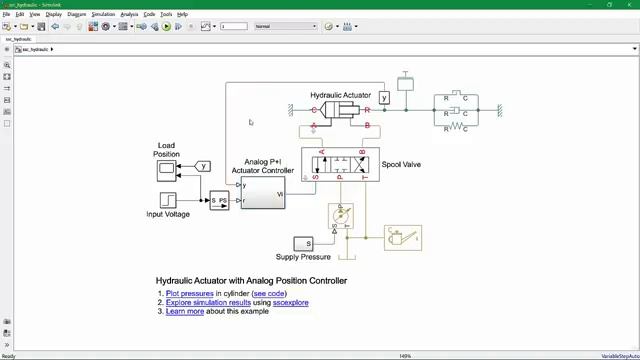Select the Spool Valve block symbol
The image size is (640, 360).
tap(340, 164)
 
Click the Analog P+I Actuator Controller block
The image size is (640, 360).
tap(263, 193)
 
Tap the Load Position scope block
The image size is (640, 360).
tap(167, 170)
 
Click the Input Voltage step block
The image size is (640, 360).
tap(171, 200)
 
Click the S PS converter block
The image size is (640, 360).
tap(219, 200)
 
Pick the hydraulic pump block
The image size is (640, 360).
tap(341, 215)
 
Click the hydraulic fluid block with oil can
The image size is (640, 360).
tap(403, 238)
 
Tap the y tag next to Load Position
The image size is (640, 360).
tap(203, 167)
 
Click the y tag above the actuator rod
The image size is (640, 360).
tap(384, 97)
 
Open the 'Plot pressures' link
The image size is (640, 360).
tap(190, 293)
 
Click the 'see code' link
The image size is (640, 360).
tap(268, 293)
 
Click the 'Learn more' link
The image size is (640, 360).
tap(185, 311)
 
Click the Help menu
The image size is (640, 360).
tap(183, 15)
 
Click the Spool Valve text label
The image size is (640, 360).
tap(401, 164)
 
